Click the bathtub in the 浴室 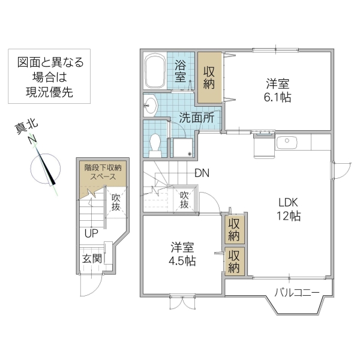click(157, 72)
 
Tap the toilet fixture click(155, 143)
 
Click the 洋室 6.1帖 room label click(278, 90)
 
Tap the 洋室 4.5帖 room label click(182, 254)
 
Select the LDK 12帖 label click(288, 208)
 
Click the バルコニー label click(296, 293)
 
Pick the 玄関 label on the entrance click(92, 259)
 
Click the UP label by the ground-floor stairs click(91, 233)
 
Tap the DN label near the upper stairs click(202, 174)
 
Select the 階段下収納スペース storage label click(103, 173)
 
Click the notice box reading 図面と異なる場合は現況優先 click(50, 78)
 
